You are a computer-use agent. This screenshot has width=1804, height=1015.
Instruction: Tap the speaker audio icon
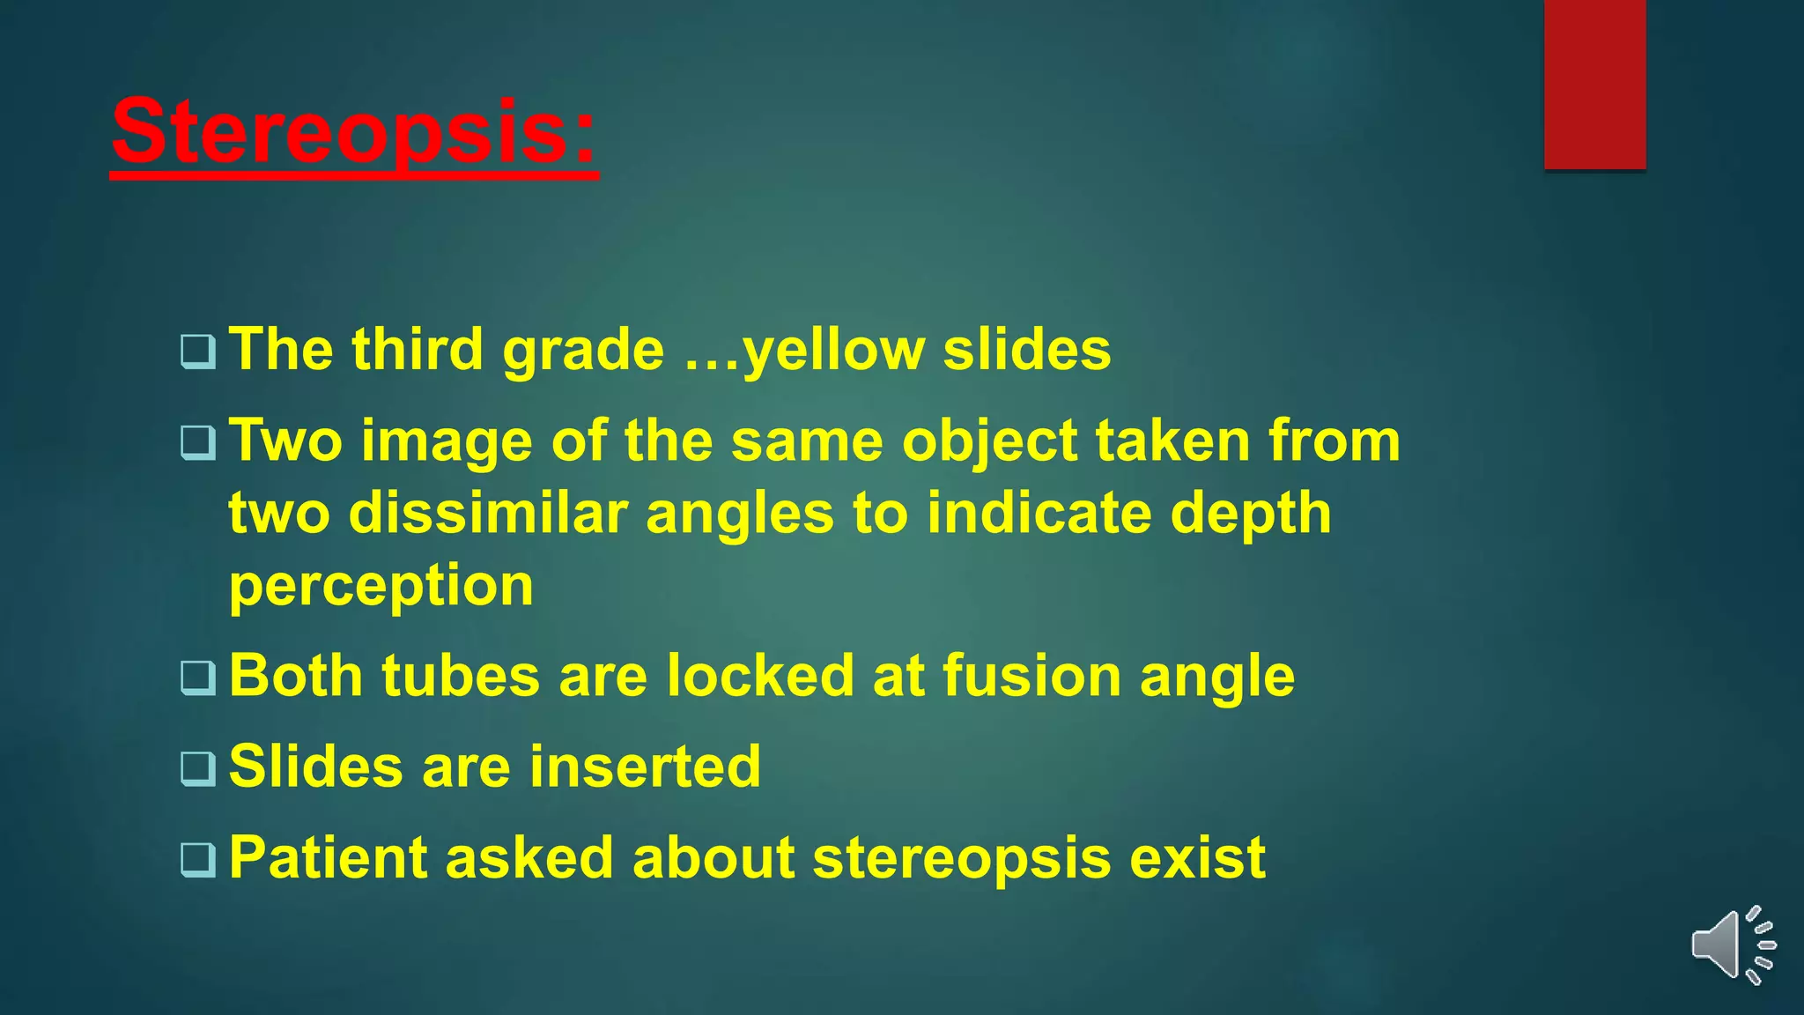(x=1732, y=945)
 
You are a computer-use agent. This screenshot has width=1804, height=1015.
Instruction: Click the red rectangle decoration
(x=1594, y=84)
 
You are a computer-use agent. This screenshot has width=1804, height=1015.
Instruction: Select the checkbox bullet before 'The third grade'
(x=197, y=352)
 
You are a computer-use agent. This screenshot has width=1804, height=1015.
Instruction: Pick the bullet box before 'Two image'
(x=197, y=442)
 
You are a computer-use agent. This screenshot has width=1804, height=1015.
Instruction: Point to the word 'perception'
(x=381, y=586)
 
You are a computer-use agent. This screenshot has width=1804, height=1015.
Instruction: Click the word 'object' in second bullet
(x=989, y=442)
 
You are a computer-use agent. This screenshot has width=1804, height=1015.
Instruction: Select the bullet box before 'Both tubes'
(x=197, y=678)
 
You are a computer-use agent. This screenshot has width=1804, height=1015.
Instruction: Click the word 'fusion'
(x=1031, y=676)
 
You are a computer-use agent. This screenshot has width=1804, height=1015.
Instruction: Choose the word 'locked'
(x=759, y=676)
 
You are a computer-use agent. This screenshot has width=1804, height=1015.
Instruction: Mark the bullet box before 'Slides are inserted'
(x=197, y=768)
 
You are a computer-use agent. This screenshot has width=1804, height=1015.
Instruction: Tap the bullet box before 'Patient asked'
(x=197, y=859)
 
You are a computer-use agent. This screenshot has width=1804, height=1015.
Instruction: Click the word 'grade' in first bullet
(x=582, y=351)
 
